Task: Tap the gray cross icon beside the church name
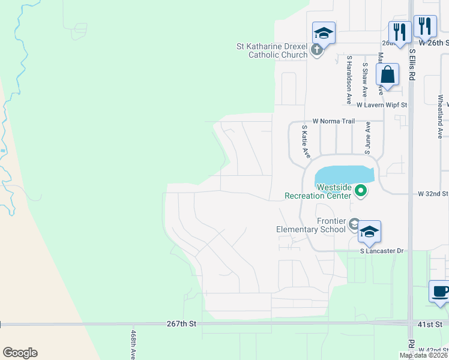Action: (318, 53)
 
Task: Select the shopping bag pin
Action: (388, 76)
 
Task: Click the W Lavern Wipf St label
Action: (382, 105)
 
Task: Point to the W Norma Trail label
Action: (333, 121)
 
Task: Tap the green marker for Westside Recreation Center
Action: (361, 191)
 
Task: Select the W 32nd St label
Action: (433, 194)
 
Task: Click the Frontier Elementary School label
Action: (311, 225)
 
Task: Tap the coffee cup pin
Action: (441, 292)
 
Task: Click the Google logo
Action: (20, 352)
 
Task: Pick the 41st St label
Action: (430, 324)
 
